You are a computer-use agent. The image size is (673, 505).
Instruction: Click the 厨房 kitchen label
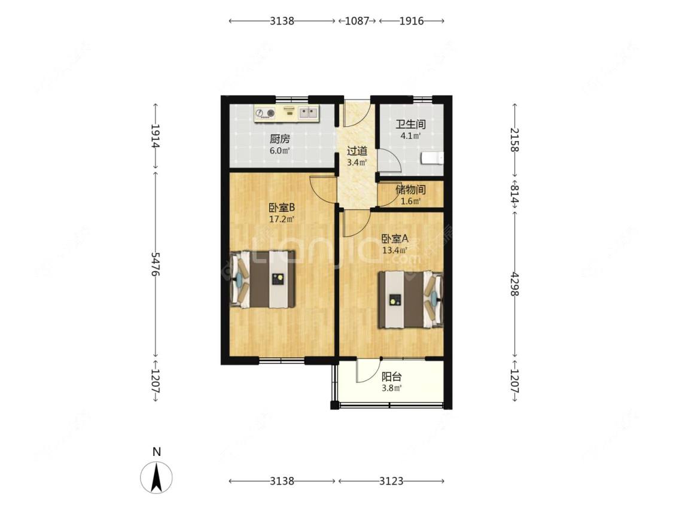tap(280, 139)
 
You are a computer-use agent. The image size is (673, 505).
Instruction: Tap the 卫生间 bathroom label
tap(411, 124)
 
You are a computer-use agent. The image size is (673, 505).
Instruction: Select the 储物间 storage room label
tap(411, 189)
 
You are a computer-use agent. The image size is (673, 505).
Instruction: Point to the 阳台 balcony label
tap(392, 376)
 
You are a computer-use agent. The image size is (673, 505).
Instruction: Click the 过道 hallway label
tap(357, 151)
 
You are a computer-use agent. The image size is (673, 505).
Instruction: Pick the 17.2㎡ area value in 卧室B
tap(282, 219)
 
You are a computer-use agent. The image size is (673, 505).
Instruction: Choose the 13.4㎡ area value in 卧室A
tap(395, 250)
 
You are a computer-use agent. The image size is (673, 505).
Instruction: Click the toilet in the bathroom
tap(432, 158)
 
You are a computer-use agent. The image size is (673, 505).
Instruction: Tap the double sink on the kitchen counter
tap(308, 113)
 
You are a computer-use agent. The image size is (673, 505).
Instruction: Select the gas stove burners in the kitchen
tap(265, 113)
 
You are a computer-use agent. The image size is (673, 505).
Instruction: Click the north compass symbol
tap(157, 477)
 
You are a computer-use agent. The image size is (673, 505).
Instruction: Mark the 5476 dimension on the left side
tap(155, 264)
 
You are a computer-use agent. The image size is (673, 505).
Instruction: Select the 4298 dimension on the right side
tap(514, 284)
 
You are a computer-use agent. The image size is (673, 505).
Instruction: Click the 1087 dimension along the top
tap(357, 20)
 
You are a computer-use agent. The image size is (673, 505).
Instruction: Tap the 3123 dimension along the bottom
tap(391, 481)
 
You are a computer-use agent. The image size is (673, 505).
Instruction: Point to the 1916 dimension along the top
tap(412, 20)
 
